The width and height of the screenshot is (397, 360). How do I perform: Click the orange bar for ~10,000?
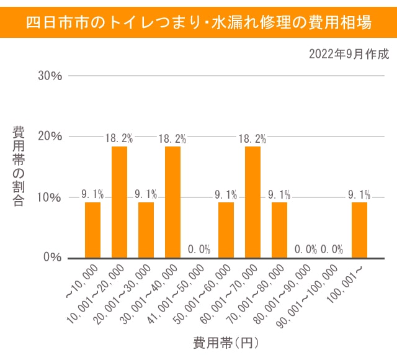(92, 230)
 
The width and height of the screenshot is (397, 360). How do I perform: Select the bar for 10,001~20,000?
(119, 202)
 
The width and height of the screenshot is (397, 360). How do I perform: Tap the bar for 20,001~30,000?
(146, 230)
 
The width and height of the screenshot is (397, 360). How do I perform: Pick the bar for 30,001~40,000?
(172, 202)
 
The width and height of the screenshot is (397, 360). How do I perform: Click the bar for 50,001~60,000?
(226, 230)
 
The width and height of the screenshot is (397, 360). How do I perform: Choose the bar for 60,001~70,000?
(252, 202)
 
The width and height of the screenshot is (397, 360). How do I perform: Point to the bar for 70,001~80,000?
(279, 230)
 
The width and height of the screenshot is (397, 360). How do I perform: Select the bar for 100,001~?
(359, 230)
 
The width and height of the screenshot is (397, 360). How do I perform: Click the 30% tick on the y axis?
(50, 76)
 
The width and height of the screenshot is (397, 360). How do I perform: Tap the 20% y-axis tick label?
(50, 137)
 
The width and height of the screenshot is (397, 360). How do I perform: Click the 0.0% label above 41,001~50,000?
(199, 250)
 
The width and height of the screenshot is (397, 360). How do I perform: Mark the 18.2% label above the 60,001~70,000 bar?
(252, 138)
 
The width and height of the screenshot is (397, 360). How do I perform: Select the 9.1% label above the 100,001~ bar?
(359, 194)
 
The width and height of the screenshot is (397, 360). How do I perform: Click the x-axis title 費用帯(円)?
(225, 343)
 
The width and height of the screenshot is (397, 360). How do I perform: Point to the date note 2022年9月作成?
(349, 54)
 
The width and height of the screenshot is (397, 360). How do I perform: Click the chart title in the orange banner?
(198, 24)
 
